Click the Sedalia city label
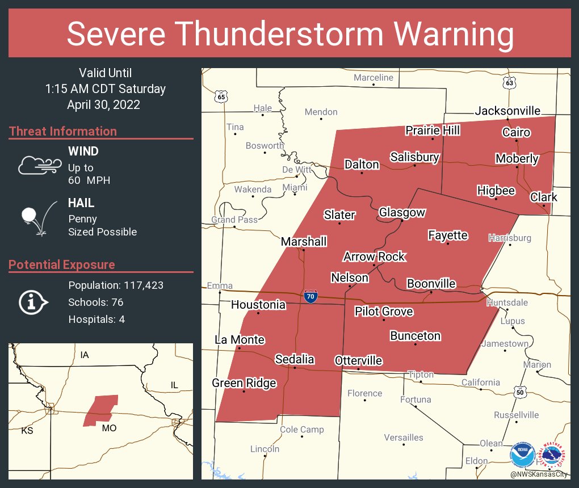[x=295, y=359]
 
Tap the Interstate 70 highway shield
[x=310, y=296]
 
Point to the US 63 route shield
[x=510, y=83]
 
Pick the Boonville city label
[x=431, y=283]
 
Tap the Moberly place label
[x=517, y=158]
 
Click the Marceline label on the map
[x=373, y=77]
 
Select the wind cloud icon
[x=39, y=165]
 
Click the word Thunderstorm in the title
[x=289, y=35]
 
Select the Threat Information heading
[x=63, y=131]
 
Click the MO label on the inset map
[x=109, y=428]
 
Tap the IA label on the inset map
[x=85, y=355]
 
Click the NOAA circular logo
[x=522, y=455]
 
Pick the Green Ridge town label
[x=244, y=383]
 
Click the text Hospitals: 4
[x=96, y=319]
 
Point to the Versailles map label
[x=403, y=437]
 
